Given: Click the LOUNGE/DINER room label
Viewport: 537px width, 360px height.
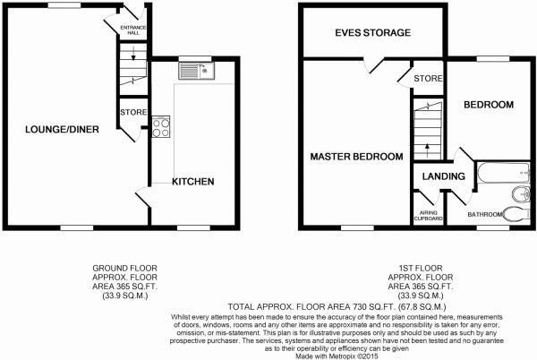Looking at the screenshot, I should click(62, 130).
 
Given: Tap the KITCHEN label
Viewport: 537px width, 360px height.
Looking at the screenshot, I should click(193, 182).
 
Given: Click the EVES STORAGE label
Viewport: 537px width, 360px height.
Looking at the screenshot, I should click(372, 33).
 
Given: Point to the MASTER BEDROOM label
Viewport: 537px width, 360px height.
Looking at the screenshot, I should click(356, 157).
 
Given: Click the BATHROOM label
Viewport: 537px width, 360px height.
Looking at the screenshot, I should click(486, 215).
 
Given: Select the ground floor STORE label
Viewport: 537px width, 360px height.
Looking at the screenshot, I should click(132, 112).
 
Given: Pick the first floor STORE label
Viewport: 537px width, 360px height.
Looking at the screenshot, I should click(428, 80).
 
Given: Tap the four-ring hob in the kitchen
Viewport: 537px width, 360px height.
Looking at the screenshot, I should click(162, 127).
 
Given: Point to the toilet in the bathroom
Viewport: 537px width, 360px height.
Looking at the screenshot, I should click(513, 213).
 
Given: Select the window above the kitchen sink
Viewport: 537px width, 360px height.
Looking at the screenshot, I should click(192, 59).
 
